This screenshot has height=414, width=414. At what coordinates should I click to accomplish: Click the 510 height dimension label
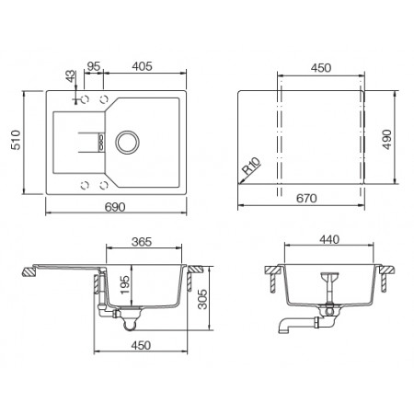click(x=16, y=140)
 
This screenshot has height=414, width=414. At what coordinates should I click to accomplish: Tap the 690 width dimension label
click(x=115, y=207)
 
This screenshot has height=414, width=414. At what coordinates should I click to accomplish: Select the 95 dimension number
click(x=94, y=66)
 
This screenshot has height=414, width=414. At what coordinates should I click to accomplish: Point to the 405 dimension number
click(x=142, y=66)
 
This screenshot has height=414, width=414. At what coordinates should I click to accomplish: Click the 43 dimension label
click(x=71, y=76)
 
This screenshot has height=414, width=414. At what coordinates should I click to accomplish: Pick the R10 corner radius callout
click(x=251, y=165)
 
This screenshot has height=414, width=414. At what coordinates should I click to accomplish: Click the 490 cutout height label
click(x=387, y=139)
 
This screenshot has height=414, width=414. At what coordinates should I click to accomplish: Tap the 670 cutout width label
click(x=306, y=199)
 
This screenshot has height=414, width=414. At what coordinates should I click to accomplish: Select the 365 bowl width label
click(x=142, y=242)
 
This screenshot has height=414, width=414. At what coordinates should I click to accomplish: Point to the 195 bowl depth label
click(x=125, y=284)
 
